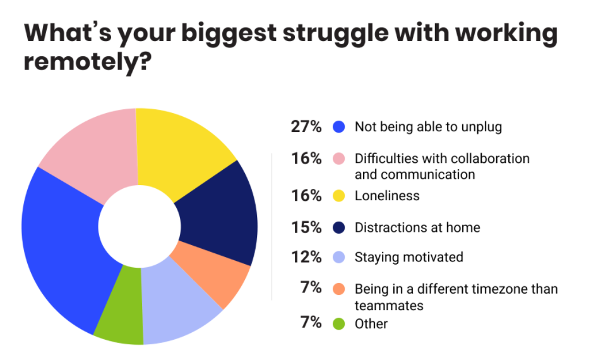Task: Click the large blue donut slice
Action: click(x=63, y=246)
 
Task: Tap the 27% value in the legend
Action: click(x=306, y=127)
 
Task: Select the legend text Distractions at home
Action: click(x=417, y=227)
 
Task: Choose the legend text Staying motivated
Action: click(x=408, y=257)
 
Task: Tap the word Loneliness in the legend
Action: click(x=387, y=196)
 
